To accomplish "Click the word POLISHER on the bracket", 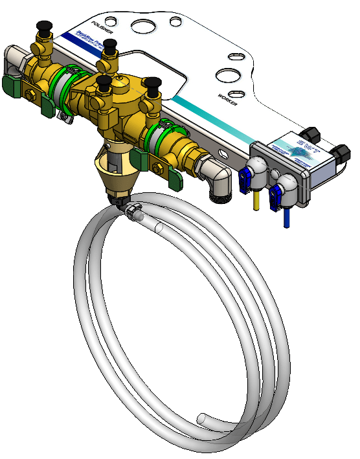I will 104,27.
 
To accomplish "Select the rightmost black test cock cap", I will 153,84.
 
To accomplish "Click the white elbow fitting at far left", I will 12,62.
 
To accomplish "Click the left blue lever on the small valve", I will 247,181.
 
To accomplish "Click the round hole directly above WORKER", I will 228,75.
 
